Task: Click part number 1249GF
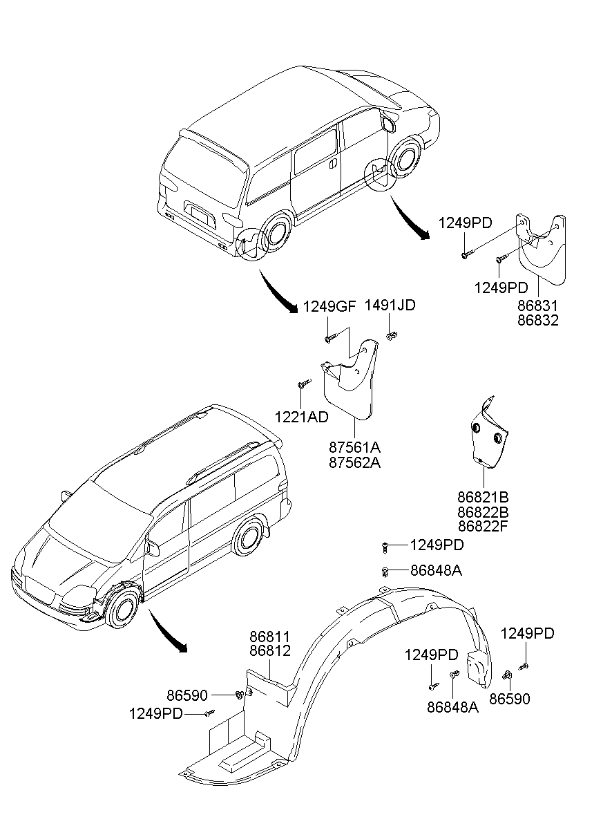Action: point(329,306)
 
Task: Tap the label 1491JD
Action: point(390,305)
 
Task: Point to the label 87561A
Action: point(354,447)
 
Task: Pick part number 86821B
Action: point(483,496)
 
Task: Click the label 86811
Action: point(270,635)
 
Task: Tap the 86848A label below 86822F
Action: point(436,571)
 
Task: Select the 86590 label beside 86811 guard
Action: point(187,694)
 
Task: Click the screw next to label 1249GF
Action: point(330,339)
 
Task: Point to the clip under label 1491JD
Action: point(392,337)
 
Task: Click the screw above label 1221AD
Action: point(302,384)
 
